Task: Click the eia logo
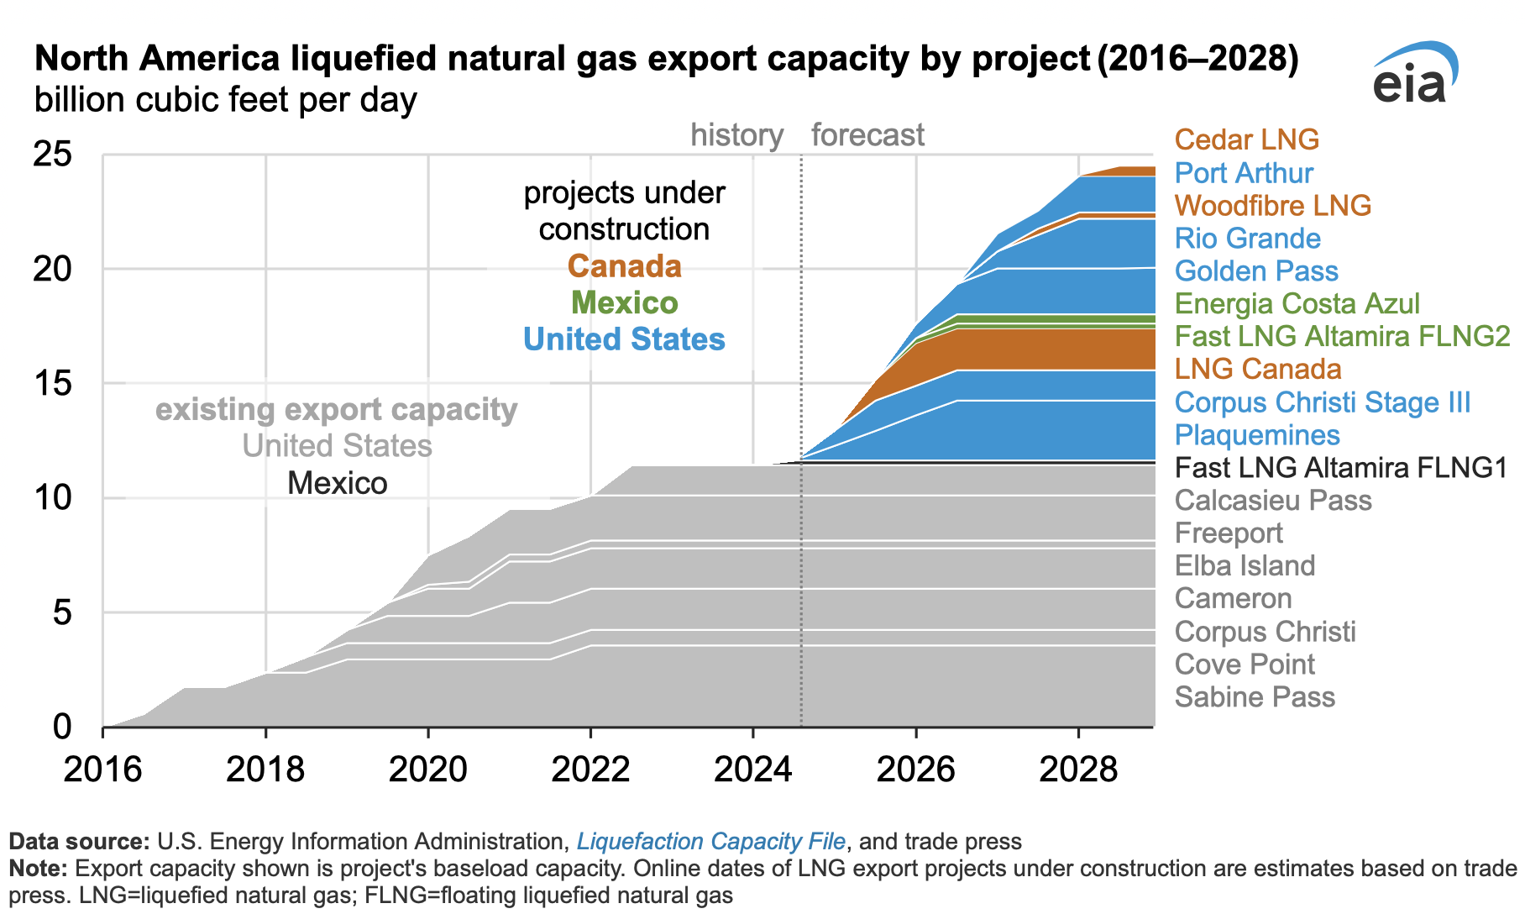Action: click(x=1415, y=74)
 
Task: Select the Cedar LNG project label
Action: click(x=1246, y=139)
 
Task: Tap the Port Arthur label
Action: click(x=1244, y=173)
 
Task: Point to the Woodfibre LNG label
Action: click(x=1272, y=206)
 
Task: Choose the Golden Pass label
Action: click(x=1256, y=271)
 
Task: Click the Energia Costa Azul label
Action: click(x=1297, y=304)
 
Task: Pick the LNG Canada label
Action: click(x=1257, y=370)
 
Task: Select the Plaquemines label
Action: click(x=1257, y=435)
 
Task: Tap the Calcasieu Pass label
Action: click(x=1272, y=501)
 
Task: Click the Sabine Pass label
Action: click(x=1255, y=697)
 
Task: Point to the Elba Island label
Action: click(x=1245, y=566)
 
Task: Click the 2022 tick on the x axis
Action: click(x=590, y=769)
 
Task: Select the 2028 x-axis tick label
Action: click(x=1078, y=769)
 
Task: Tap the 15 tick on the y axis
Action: click(x=52, y=384)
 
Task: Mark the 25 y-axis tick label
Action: click(x=52, y=155)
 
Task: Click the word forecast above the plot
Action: click(x=867, y=135)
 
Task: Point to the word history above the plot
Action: click(x=736, y=135)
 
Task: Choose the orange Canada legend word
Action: click(x=624, y=267)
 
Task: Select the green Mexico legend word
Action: click(x=624, y=303)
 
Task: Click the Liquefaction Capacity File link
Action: click(x=710, y=842)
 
